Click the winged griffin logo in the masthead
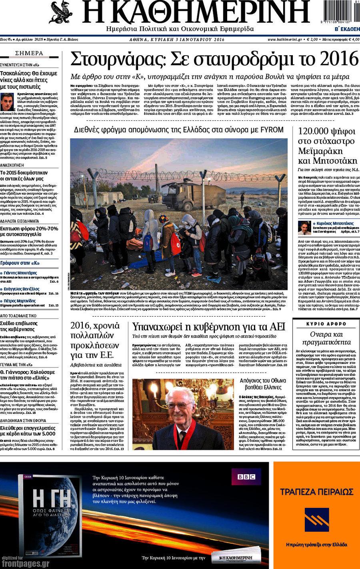(61, 12)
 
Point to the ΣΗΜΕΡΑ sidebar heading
(29, 53)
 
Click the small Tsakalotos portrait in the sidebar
(7, 102)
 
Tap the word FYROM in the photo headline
(272, 130)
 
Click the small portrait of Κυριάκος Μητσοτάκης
(304, 228)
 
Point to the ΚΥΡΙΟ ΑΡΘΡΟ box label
(326, 324)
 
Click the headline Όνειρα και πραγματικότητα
(326, 338)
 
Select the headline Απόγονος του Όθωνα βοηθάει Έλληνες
(263, 384)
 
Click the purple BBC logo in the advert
(246, 477)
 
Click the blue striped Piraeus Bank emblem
(317, 519)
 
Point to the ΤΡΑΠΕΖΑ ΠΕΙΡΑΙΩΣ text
(317, 492)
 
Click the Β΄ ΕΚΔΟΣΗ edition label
(347, 29)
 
